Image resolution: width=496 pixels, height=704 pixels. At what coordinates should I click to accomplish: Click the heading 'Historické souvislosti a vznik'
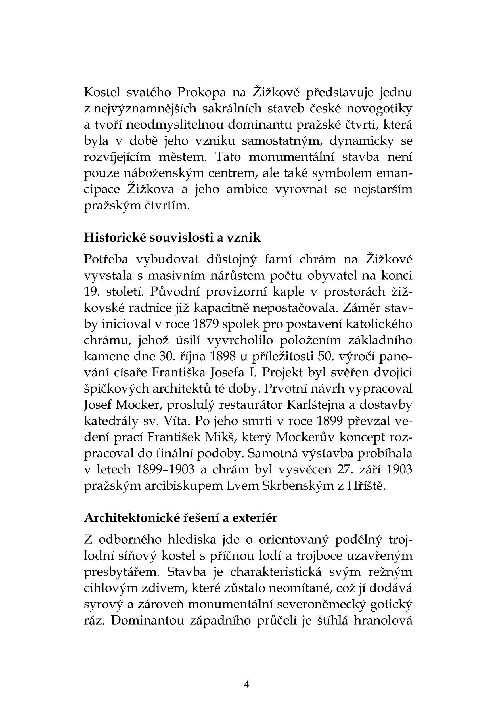coord(172,237)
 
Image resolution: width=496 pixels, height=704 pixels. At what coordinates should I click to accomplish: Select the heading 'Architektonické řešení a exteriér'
coord(181,518)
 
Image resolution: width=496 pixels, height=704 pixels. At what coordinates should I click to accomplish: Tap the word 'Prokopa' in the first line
coord(202,92)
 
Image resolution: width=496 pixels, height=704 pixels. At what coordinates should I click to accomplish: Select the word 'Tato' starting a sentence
coord(229,157)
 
